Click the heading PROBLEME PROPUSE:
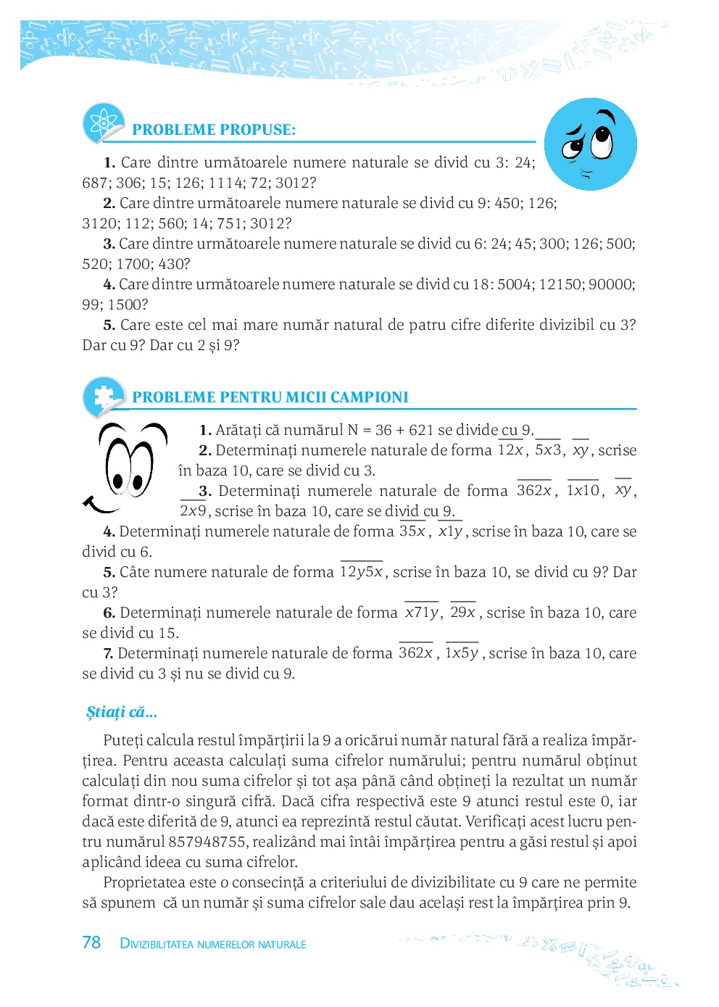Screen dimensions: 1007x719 [x=214, y=130]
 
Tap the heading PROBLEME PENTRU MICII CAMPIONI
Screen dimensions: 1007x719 [x=270, y=397]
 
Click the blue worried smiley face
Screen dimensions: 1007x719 [x=590, y=144]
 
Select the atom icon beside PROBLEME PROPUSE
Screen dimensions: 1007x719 [x=102, y=123]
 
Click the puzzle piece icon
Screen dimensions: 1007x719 [x=102, y=395]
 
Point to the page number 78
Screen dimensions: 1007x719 [x=91, y=942]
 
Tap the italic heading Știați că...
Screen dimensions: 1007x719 [x=121, y=712]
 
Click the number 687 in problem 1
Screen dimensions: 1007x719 [x=94, y=183]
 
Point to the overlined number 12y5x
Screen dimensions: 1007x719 [x=361, y=572]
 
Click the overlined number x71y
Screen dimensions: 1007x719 [x=422, y=613]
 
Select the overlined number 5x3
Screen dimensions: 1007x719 [x=548, y=450]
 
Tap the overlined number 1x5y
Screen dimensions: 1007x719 [x=462, y=653]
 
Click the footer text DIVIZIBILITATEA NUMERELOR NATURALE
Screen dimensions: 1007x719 [x=213, y=944]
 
